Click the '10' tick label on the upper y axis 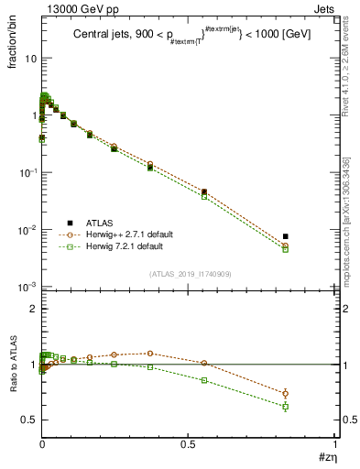tap(29, 58)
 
